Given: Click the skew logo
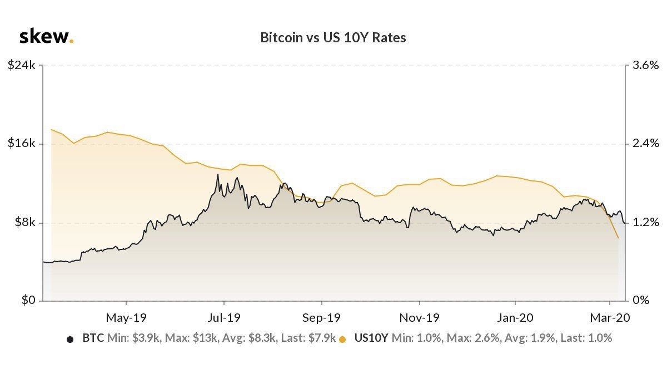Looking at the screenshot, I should click(46, 37).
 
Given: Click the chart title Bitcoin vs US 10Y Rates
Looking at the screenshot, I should click(333, 38).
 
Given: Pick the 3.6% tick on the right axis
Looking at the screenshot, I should click(645, 65).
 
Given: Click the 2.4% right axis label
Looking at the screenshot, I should click(645, 144).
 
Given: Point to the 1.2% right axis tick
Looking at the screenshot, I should click(645, 223).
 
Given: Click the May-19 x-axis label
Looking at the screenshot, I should click(126, 318).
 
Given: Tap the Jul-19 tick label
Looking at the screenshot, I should click(223, 318).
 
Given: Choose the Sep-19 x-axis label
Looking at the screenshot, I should click(321, 318).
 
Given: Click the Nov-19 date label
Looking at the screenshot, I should click(419, 318).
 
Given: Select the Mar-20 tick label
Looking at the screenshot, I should click(610, 318).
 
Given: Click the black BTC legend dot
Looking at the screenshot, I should click(70, 338).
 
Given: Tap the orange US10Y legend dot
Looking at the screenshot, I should click(342, 338).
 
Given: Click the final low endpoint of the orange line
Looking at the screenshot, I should click(618, 238).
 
